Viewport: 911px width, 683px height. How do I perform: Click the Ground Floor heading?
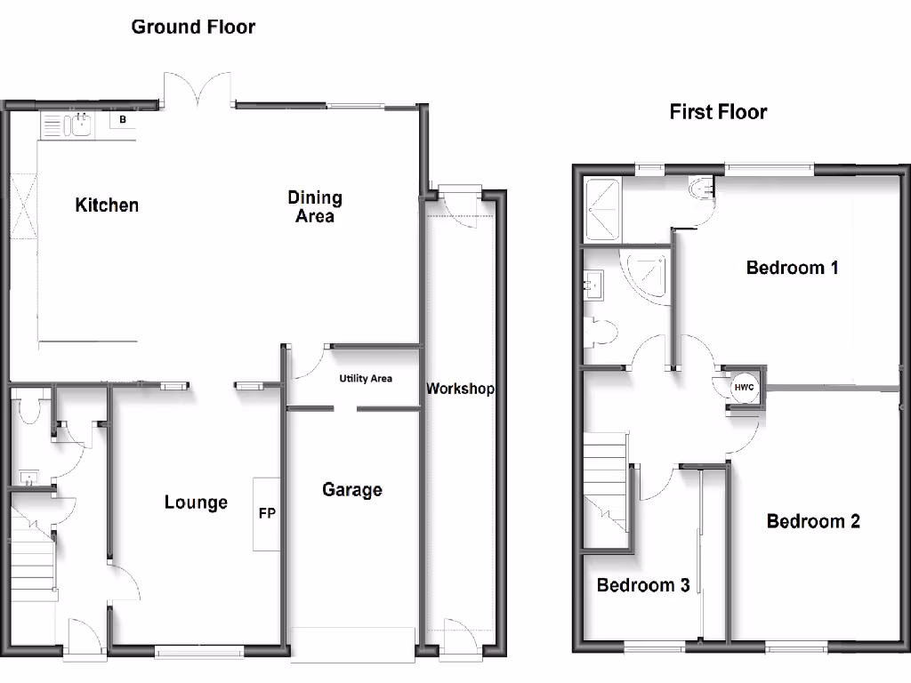click(193, 27)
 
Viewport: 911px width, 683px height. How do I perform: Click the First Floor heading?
click(718, 112)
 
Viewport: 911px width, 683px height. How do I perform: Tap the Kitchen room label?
click(107, 205)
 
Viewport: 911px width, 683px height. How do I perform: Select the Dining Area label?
click(315, 206)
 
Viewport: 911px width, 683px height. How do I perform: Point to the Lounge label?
click(196, 502)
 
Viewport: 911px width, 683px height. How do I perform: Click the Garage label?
click(352, 490)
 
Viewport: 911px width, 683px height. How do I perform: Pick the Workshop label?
click(460, 389)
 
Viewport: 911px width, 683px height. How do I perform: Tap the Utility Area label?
click(366, 379)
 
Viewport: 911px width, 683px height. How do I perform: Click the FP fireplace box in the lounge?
click(266, 514)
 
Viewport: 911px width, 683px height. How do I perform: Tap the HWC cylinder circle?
click(743, 388)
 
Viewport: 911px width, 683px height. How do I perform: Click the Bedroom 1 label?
click(793, 268)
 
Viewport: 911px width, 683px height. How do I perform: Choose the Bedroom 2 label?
click(813, 521)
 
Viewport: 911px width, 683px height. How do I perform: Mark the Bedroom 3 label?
click(643, 585)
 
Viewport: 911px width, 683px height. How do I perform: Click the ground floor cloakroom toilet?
click(28, 410)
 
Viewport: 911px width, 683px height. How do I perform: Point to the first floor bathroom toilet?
click(601, 333)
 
